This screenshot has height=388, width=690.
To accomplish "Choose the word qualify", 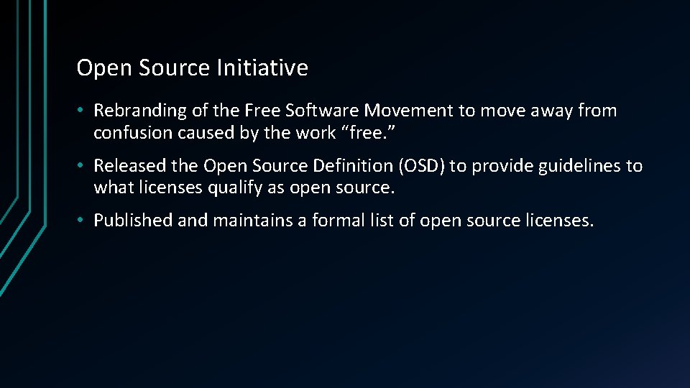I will pos(223,188).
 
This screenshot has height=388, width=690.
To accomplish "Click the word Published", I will pos(133,221).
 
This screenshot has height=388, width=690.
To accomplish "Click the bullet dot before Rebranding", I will pos(83,111).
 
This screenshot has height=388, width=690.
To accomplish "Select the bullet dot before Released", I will pos(83,167).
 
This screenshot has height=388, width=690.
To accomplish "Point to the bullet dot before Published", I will pos(83,221).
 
